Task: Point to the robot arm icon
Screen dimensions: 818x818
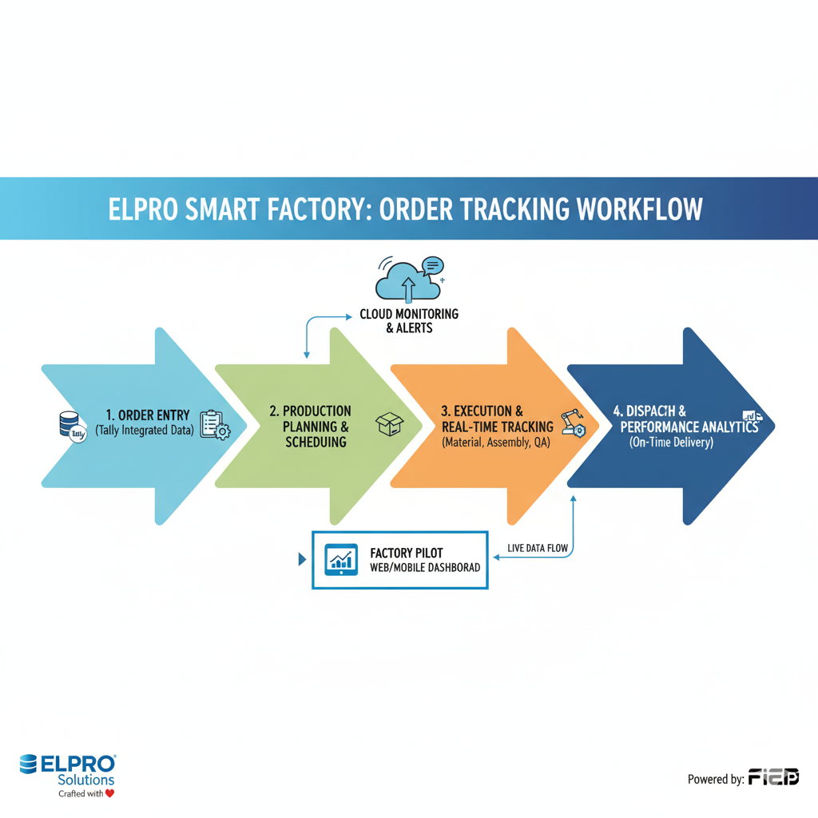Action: tap(574, 422)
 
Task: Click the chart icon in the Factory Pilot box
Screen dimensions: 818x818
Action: tap(341, 558)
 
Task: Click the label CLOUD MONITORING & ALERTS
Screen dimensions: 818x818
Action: tap(409, 321)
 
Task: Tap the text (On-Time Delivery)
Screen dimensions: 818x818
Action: tap(670, 442)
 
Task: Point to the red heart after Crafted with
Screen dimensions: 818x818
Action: tap(109, 793)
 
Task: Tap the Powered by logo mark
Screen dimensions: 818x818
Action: tap(773, 777)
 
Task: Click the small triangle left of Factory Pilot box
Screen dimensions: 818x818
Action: tap(302, 559)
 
